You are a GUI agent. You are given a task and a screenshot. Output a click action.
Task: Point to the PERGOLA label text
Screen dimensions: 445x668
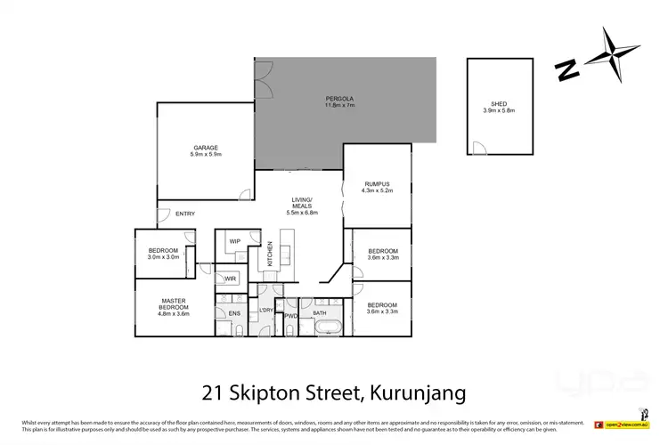pyautogui.click(x=339, y=101)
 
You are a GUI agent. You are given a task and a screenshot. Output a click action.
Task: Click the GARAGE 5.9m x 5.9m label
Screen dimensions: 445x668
pyautogui.click(x=205, y=151)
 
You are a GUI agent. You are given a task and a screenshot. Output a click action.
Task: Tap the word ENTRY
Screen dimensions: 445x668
pyautogui.click(x=185, y=214)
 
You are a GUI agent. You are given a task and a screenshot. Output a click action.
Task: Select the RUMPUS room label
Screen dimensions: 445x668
pyautogui.click(x=377, y=188)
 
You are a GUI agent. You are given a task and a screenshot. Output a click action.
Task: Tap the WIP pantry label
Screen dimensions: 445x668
pyautogui.click(x=235, y=241)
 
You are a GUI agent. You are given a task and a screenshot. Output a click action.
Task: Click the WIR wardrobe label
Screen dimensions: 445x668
pyautogui.click(x=230, y=279)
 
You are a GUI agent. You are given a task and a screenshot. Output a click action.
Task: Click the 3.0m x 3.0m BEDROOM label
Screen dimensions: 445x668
pyautogui.click(x=163, y=255)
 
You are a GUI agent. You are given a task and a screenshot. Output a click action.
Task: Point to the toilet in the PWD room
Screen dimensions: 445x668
pyautogui.click(x=291, y=328)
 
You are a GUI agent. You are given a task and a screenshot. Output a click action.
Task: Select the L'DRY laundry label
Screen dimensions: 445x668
pyautogui.click(x=265, y=311)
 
